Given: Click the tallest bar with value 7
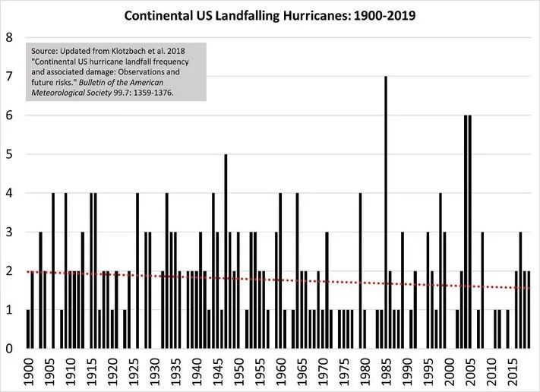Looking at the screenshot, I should pyautogui.click(x=386, y=213).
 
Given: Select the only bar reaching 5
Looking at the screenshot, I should pyautogui.click(x=226, y=251).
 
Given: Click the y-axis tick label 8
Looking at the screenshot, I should pyautogui.click(x=8, y=37).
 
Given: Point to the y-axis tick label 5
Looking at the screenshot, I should pyautogui.click(x=8, y=154).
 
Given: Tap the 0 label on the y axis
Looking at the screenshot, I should pyautogui.click(x=8, y=349).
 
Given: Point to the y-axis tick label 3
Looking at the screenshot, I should pyautogui.click(x=8, y=232).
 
